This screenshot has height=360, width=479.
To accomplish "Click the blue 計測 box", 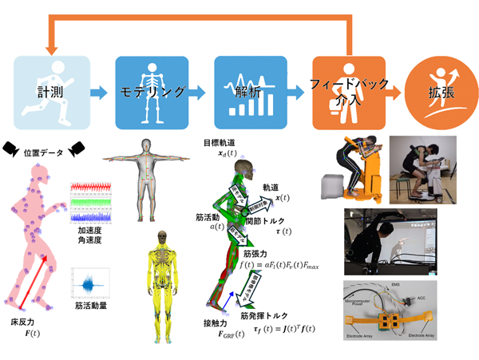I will pyautogui.click(x=48, y=92).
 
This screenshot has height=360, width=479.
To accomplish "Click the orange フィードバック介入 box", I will pyautogui.click(x=344, y=92).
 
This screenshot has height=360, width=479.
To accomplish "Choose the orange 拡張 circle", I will pyautogui.click(x=439, y=92).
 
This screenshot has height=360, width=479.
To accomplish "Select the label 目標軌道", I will pyautogui.click(x=219, y=144).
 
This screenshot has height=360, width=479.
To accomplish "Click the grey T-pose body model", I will pyautogui.click(x=147, y=180).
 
